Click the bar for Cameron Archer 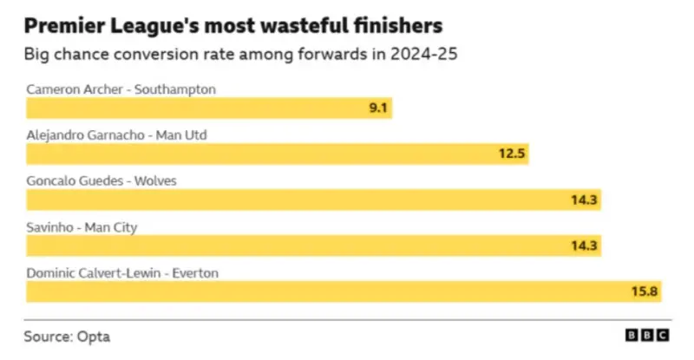tap(209, 108)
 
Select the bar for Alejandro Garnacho tap(278, 154)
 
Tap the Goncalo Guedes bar tap(313, 200)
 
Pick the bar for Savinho tap(313, 245)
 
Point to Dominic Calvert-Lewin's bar tap(344, 291)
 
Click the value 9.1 tap(378, 108)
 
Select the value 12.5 tap(512, 154)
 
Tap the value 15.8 tap(645, 291)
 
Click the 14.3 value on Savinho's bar tap(584, 245)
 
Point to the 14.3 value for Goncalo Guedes tap(584, 200)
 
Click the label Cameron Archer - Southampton tap(121, 89)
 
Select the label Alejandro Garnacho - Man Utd tap(117, 135)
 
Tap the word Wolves tap(155, 180)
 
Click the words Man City tap(111, 227)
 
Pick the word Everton tap(195, 272)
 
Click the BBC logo tap(647, 335)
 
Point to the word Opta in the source tap(94, 337)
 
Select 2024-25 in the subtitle tap(423, 54)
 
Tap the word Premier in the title tap(64, 26)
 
